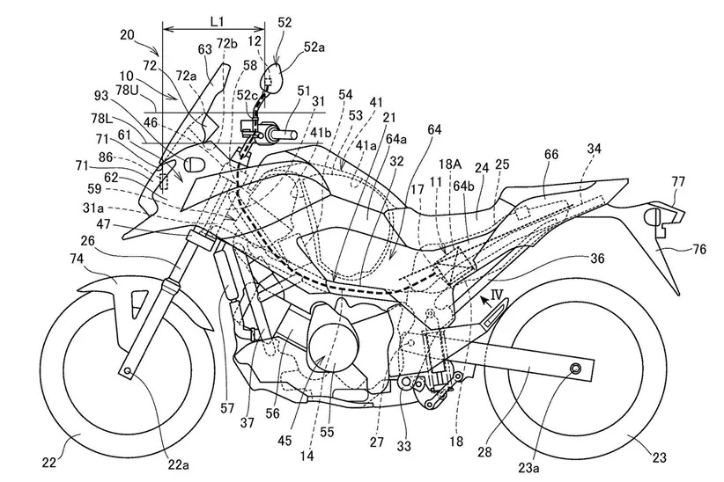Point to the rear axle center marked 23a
click(x=576, y=367)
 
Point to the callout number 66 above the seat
click(x=551, y=155)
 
